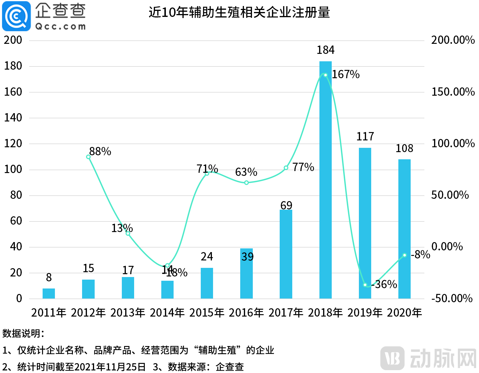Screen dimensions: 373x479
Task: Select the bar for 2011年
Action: (49, 293)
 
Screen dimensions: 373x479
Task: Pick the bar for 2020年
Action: (404, 229)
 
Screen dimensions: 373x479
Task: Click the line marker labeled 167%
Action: (325, 75)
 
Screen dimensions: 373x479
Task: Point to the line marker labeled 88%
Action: (88, 157)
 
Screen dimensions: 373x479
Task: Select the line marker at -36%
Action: (365, 285)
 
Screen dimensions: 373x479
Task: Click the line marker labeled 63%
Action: (247, 182)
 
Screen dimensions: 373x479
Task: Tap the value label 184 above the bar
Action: (325, 50)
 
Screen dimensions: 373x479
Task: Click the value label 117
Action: (365, 136)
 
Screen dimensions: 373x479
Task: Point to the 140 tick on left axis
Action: (13, 117)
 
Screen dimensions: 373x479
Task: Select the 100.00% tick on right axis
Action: (453, 143)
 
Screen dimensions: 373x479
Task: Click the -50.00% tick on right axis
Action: (452, 298)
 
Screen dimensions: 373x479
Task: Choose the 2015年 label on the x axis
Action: (207, 313)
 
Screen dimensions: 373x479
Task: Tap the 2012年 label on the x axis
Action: (88, 313)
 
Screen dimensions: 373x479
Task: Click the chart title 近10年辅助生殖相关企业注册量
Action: (239, 13)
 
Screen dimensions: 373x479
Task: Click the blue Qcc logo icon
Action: (16, 16)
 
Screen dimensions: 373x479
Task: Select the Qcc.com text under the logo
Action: (60, 27)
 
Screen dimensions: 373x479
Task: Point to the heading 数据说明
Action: (23, 333)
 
